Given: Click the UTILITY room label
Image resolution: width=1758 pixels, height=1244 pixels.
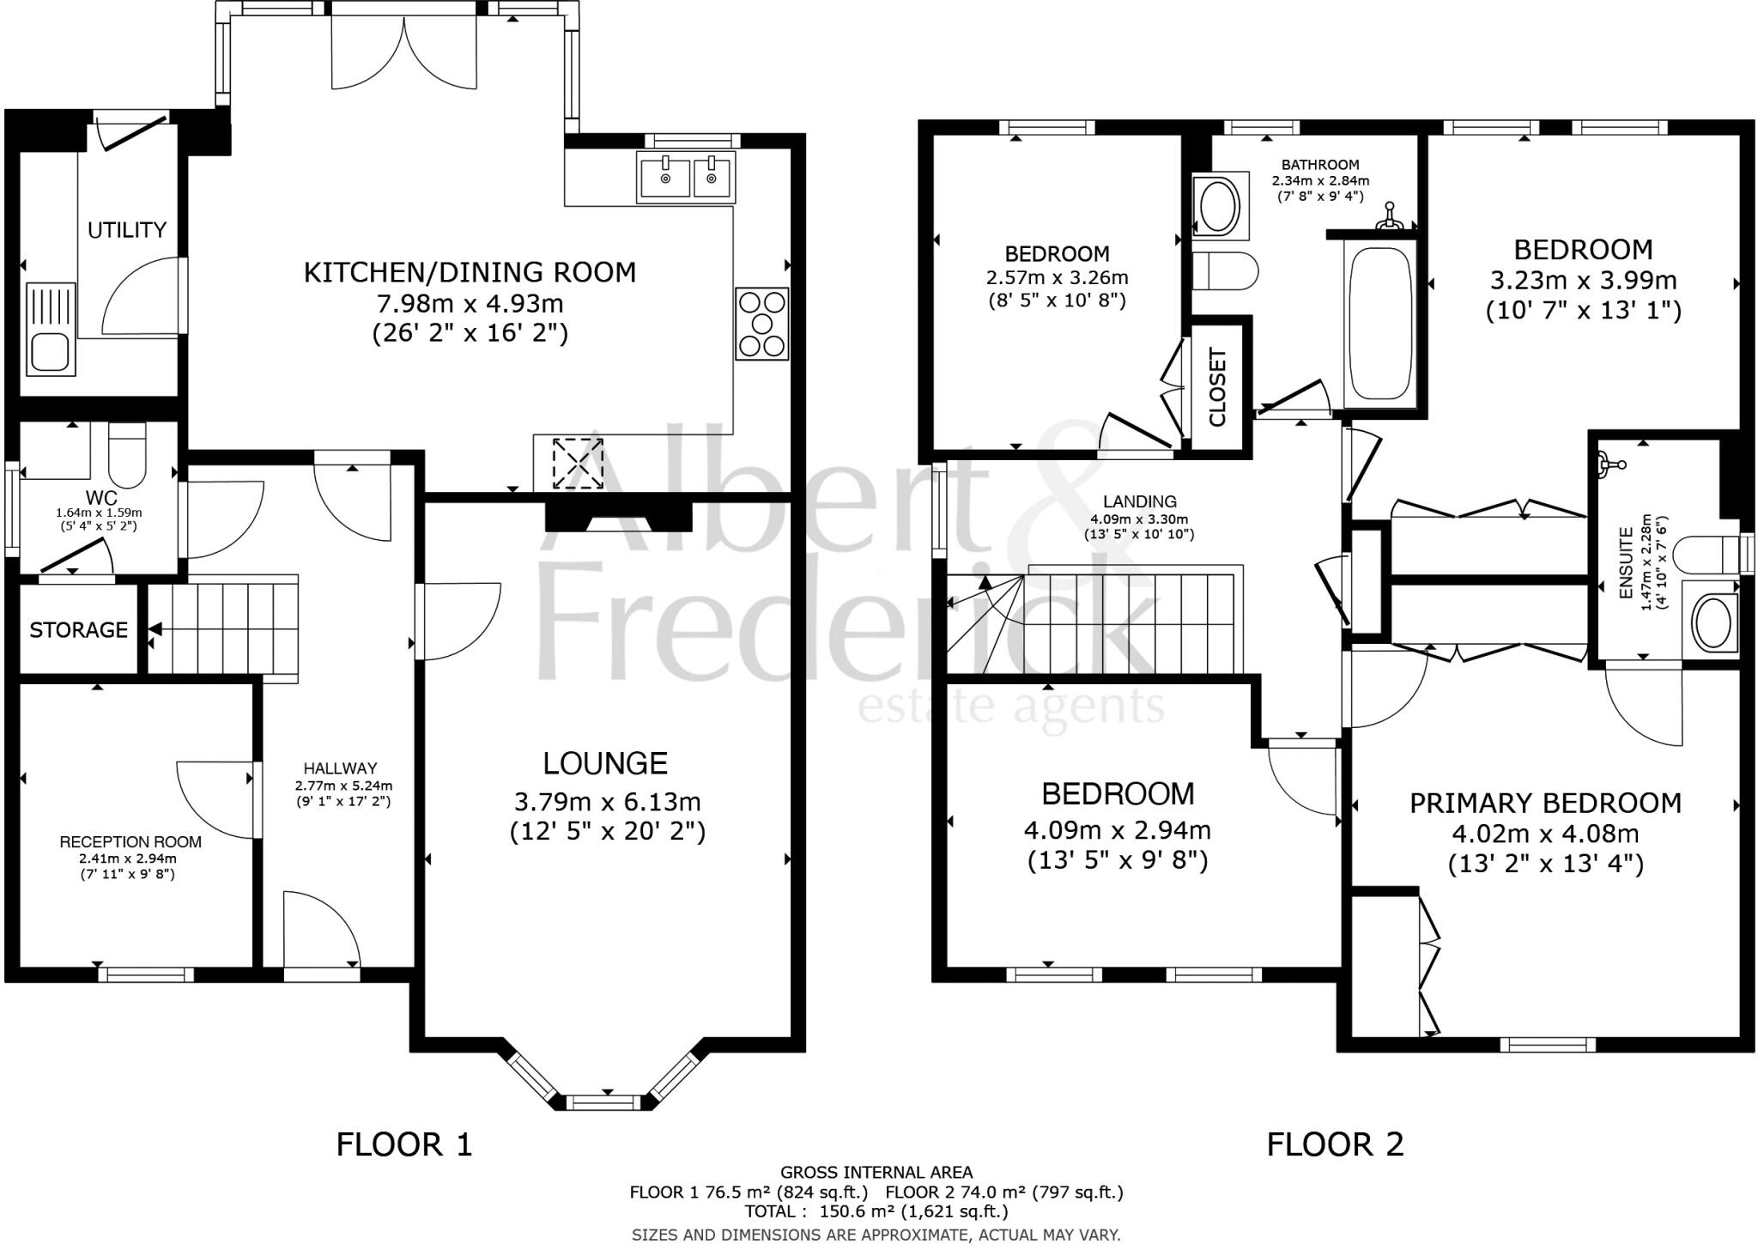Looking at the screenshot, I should click(126, 230).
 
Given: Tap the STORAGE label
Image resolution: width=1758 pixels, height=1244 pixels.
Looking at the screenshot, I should click(78, 630).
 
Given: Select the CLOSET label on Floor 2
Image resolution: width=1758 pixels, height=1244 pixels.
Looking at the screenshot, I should click(1217, 387).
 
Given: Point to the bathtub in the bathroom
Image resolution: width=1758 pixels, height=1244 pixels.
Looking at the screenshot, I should click(1379, 324).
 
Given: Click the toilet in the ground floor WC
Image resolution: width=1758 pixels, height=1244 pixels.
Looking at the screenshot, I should click(128, 458).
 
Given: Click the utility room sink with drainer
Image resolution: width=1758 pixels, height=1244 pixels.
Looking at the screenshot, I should click(51, 329).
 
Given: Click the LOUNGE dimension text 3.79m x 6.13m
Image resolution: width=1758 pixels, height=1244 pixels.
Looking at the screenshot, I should click(607, 802).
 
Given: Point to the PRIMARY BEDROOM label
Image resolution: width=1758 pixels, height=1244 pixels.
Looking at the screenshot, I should click(1545, 804).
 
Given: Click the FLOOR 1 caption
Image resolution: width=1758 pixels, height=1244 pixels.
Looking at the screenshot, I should click(403, 1144).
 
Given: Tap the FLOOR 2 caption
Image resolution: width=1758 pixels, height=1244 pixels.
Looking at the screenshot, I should click(1335, 1144).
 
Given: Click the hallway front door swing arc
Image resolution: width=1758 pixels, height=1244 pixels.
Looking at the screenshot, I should click(322, 927).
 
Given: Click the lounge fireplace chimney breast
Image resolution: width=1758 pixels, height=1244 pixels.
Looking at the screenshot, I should click(619, 518).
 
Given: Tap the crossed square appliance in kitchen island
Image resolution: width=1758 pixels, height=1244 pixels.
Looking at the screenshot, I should click(578, 464).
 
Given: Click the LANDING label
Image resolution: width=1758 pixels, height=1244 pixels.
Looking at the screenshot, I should click(1139, 501).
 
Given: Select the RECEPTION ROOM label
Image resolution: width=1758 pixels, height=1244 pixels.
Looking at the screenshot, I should click(130, 842).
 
